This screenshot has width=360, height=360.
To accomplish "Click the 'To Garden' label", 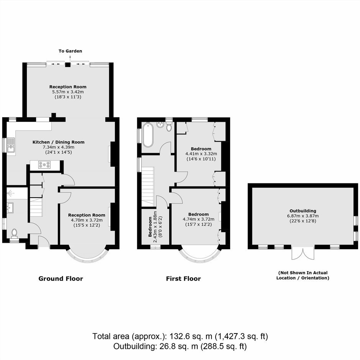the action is (70, 51).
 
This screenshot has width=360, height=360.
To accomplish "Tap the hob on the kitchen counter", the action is (44, 165).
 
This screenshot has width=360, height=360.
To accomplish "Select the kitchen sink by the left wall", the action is (11, 145).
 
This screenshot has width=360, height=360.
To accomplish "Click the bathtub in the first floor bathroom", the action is (147, 134).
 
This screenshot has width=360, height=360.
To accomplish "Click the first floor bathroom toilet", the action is (169, 126).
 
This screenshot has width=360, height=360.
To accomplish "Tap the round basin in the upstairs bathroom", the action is (160, 124).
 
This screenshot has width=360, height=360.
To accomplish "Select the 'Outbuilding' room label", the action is (303, 211).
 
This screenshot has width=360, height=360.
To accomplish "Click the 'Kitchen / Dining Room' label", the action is (59, 142).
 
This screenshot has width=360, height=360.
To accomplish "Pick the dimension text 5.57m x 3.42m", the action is (68, 92).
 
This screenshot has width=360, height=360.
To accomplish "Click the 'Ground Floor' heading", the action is (61, 278).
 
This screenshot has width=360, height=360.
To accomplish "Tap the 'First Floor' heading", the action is (183, 279).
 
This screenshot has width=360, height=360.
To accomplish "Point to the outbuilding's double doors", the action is (303, 253).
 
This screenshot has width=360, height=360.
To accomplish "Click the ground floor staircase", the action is (36, 207).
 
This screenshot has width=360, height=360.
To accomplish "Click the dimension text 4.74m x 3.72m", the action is (199, 219).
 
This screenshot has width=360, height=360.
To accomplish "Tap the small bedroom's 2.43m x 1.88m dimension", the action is (155, 227).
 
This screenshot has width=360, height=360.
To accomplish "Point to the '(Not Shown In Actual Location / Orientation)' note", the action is (303, 275).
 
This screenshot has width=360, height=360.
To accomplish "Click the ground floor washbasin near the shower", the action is (10, 208).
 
